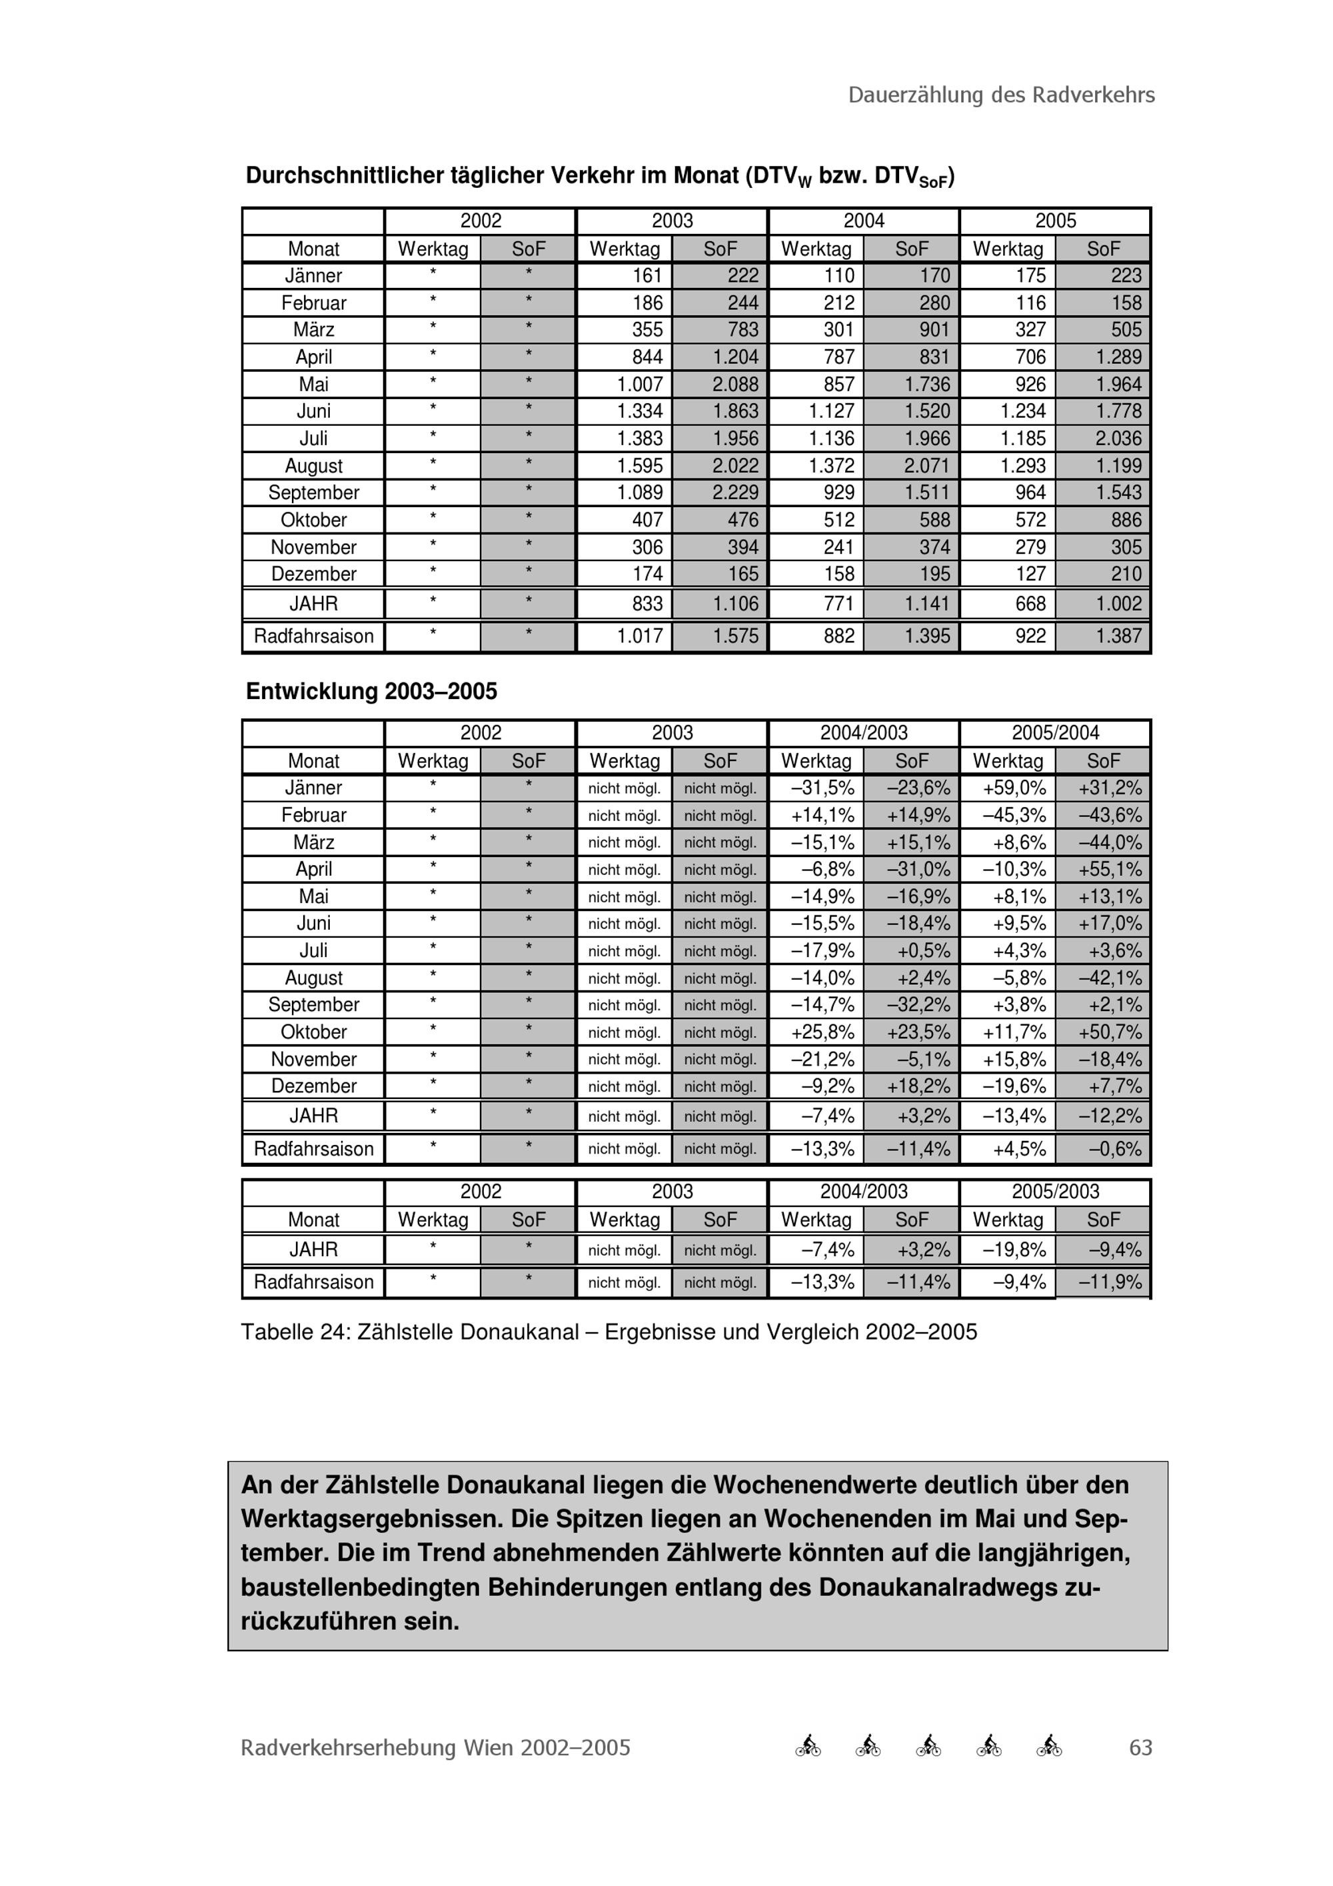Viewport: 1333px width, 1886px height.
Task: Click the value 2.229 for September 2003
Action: point(735,493)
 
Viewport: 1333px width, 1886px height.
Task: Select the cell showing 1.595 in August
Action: point(639,466)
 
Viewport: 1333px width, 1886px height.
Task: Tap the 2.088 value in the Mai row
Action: point(735,385)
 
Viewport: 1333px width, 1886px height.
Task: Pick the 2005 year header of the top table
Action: point(1054,221)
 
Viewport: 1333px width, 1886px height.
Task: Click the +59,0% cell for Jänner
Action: point(1014,788)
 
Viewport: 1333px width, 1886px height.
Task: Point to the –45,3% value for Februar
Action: point(1014,815)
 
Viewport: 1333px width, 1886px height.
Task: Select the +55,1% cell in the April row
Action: point(1110,869)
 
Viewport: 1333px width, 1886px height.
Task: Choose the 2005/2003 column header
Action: point(1054,1191)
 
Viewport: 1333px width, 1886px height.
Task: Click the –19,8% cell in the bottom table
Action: point(1014,1250)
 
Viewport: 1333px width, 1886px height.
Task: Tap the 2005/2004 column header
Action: point(1054,732)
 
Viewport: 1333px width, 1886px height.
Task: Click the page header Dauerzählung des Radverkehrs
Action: point(1000,95)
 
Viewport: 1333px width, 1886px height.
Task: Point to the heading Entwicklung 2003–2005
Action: point(371,692)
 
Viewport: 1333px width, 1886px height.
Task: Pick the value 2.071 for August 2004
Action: point(926,466)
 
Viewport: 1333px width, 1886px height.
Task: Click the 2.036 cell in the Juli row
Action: point(1118,439)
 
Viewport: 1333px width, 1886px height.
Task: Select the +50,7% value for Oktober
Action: point(1110,1032)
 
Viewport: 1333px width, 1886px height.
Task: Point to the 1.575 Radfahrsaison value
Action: point(735,636)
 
